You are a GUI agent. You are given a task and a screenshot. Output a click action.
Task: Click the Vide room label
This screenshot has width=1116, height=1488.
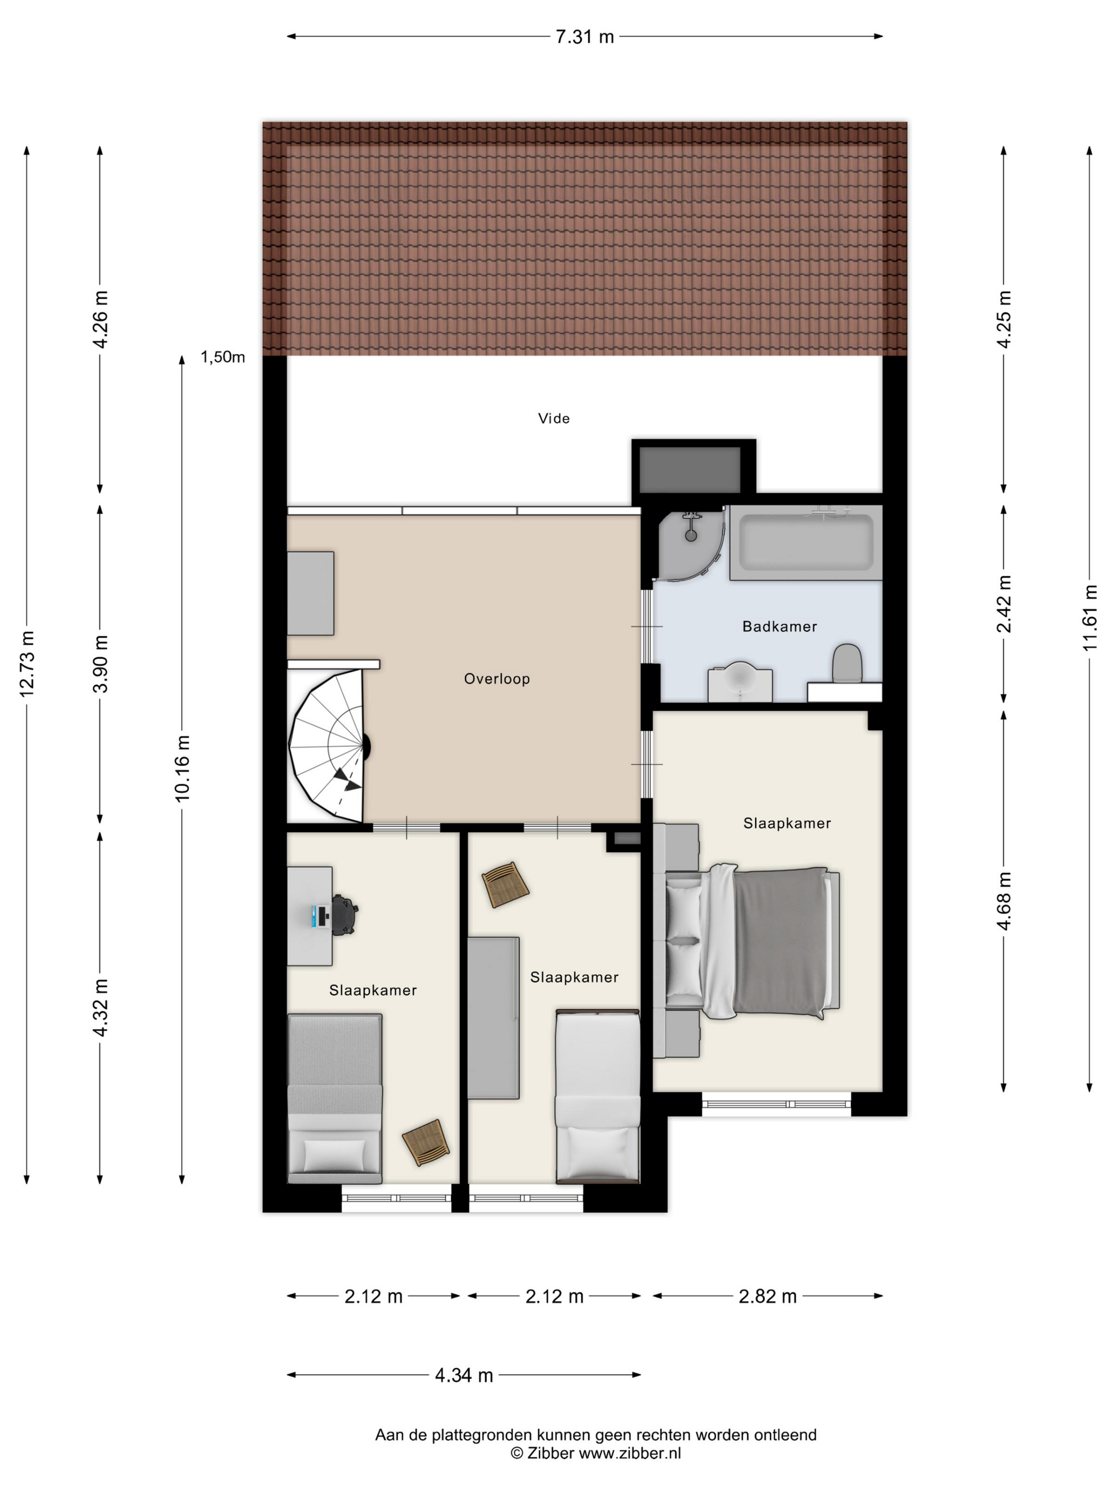tap(554, 418)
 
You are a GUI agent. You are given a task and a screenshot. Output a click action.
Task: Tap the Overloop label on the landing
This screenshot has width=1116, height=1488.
tap(497, 679)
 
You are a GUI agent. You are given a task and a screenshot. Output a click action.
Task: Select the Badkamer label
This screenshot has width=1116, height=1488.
tap(780, 626)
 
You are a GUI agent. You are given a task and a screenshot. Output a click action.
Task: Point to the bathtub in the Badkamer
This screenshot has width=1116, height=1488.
tap(806, 543)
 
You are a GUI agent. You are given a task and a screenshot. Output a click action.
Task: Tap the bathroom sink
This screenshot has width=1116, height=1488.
tap(740, 680)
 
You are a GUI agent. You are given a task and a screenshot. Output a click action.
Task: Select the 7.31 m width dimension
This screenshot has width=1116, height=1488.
tap(585, 36)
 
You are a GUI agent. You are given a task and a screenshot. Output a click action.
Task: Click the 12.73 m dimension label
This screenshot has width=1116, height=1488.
tap(27, 663)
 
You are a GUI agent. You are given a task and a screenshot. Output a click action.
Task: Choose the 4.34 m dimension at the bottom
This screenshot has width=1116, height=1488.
tap(464, 1375)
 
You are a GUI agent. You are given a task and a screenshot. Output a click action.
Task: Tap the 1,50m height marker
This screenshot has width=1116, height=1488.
tap(223, 357)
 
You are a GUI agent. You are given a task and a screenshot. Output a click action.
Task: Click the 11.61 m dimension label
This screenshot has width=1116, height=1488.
tap(1090, 618)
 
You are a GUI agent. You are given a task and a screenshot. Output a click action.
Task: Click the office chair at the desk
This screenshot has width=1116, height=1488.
tap(344, 915)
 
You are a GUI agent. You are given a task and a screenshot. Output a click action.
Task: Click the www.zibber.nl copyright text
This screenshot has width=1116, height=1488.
tap(630, 1472)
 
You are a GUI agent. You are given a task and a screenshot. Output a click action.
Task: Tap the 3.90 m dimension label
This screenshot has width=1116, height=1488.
tap(100, 663)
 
